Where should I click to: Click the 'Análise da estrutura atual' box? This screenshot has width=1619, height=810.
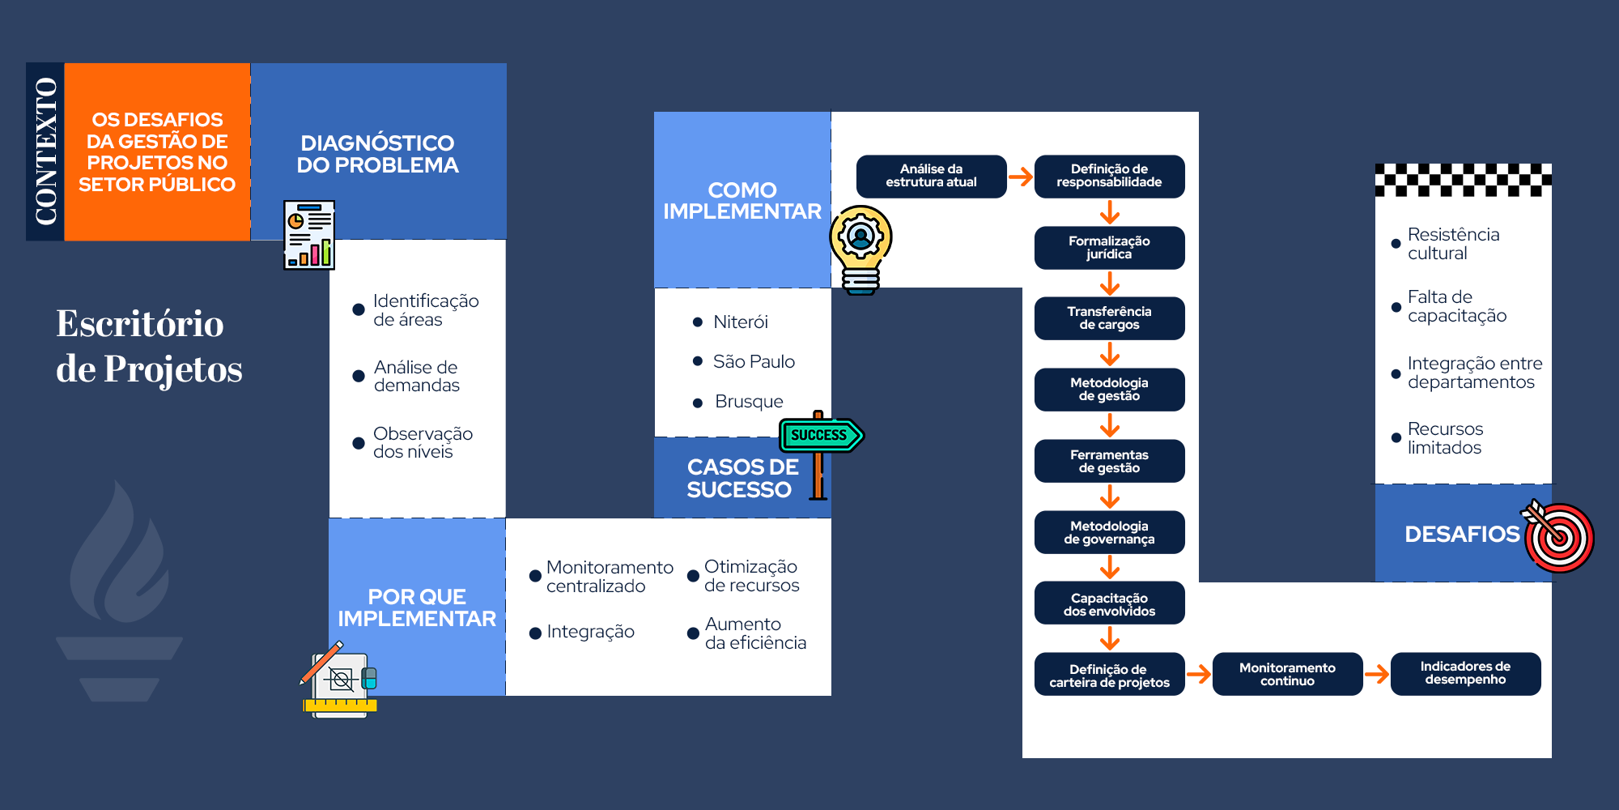(931, 176)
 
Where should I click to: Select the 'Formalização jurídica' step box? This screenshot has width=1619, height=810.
(1109, 247)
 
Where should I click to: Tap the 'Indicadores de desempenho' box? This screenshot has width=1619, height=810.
(1465, 673)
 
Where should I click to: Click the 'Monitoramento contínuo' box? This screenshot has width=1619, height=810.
(1287, 674)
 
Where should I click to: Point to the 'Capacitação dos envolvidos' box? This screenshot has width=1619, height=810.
(1109, 603)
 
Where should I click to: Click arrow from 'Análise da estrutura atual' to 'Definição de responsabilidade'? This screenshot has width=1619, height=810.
(1021, 177)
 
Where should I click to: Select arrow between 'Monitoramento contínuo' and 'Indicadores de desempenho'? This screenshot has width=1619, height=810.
(1376, 673)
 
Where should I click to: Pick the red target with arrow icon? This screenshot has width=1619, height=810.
(1559, 536)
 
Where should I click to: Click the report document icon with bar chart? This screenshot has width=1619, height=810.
(309, 235)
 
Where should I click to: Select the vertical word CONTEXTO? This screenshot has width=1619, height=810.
(45, 151)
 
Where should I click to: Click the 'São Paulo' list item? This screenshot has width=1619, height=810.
(754, 361)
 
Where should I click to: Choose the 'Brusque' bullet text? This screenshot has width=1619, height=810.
(749, 402)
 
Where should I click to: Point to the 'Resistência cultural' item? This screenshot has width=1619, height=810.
(1453, 244)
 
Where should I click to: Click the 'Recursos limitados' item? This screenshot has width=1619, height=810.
(1445, 438)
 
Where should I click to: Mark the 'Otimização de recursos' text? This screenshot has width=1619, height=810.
(751, 576)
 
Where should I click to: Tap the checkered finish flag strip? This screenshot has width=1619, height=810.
(1463, 180)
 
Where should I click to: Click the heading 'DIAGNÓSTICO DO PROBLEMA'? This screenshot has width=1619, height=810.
(377, 154)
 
